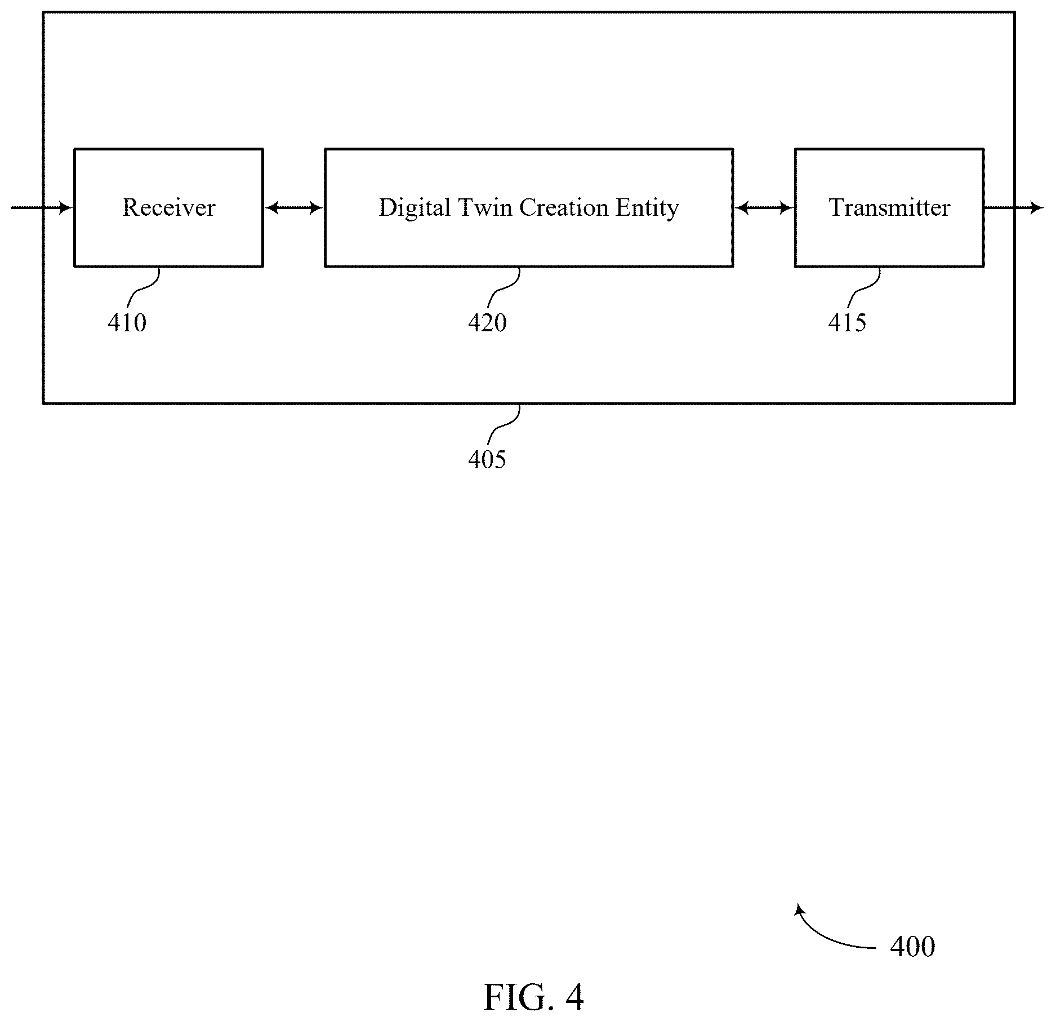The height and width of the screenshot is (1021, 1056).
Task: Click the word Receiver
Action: coord(169,207)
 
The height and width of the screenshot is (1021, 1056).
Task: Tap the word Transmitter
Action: coord(889,207)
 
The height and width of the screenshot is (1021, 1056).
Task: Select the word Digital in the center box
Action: coord(415,208)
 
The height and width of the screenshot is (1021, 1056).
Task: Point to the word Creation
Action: coord(564,207)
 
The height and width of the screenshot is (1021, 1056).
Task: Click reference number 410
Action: coord(127,323)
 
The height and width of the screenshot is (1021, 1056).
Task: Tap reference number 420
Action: coord(487,323)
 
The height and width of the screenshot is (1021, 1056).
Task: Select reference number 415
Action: coord(847,323)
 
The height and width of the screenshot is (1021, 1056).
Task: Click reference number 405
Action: coord(487,460)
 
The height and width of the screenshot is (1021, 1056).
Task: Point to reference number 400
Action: coord(912,947)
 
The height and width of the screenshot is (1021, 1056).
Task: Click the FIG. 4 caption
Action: coord(533,997)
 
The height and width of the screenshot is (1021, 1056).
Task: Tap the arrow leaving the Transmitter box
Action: coord(1014,208)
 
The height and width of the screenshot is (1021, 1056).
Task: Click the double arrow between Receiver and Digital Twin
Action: coord(294,208)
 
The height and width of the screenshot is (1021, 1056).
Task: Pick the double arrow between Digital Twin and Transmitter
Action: coord(764,208)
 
